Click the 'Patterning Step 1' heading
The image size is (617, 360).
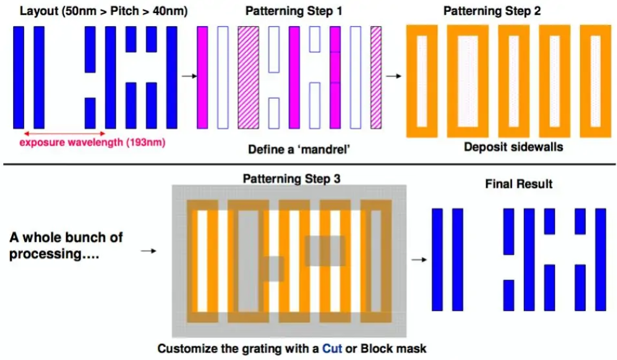[x=293, y=11]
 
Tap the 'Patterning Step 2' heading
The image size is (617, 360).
[x=492, y=11]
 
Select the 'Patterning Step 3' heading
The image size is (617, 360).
[x=291, y=179]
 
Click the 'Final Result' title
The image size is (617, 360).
[x=519, y=184]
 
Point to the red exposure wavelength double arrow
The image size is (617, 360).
[x=65, y=134]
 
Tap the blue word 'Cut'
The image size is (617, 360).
[x=332, y=349]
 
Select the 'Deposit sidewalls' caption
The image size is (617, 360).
[x=513, y=147]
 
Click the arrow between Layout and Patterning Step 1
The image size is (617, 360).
[x=190, y=76]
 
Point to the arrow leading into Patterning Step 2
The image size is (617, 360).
[x=393, y=76]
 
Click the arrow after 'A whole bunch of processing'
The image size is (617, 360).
[x=149, y=251]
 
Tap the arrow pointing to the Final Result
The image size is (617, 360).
[x=419, y=259]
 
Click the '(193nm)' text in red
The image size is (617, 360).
[x=145, y=142]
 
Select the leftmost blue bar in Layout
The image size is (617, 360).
[x=19, y=78]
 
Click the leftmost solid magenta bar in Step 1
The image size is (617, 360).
[x=203, y=78]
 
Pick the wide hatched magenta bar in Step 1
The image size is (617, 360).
[x=249, y=78]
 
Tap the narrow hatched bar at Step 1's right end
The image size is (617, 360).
[x=376, y=78]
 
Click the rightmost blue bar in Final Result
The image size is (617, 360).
[x=600, y=260]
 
